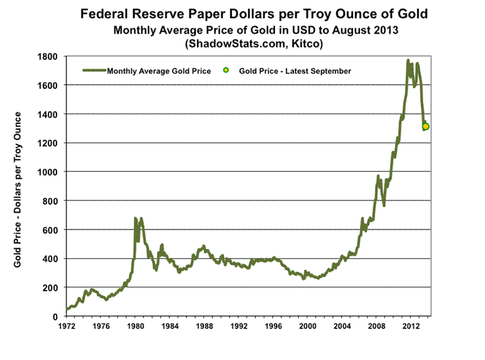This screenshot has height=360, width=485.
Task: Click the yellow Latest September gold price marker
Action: (x=426, y=127)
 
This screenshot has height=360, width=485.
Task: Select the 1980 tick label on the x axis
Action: (x=135, y=326)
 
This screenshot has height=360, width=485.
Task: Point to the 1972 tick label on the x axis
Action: (x=66, y=326)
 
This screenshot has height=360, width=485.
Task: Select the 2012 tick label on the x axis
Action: (x=412, y=326)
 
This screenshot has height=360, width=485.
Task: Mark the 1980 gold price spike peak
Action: (x=135, y=218)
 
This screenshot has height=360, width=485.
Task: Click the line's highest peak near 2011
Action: (x=408, y=61)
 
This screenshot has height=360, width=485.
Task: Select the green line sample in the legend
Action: (x=94, y=70)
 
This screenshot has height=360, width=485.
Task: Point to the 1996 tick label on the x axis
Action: (x=273, y=326)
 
